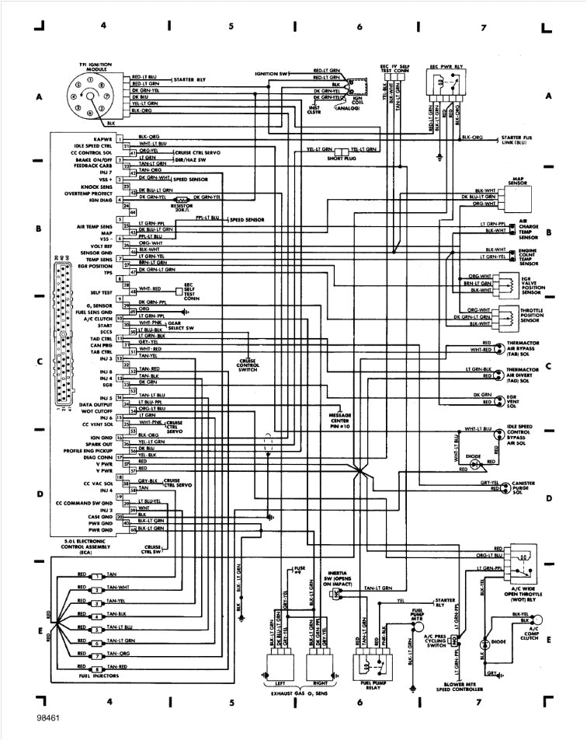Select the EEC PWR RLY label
[448, 68]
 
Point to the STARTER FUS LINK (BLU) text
[522, 140]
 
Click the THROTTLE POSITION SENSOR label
[530, 316]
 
